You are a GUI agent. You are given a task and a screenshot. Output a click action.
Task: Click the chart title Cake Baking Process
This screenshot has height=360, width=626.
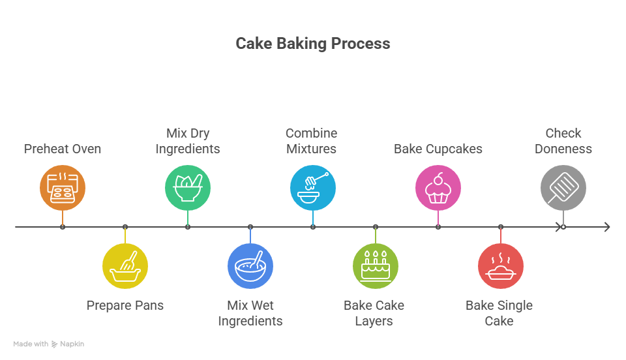[x=312, y=44]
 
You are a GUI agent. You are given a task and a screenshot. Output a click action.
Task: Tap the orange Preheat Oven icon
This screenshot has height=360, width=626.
[x=63, y=188]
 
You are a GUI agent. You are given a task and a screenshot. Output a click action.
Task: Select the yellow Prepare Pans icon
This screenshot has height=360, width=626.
[x=125, y=266]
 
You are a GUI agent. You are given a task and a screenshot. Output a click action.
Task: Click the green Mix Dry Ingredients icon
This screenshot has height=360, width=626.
[x=188, y=188]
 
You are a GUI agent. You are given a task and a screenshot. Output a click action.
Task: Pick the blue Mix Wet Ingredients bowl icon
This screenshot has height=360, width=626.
[x=250, y=266]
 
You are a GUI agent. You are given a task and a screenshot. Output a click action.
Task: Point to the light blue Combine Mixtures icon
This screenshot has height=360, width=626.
[x=313, y=188]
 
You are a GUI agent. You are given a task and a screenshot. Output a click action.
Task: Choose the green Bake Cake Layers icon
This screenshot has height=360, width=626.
[x=376, y=266]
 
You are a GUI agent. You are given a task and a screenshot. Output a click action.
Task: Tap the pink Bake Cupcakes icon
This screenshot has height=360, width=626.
[x=438, y=188]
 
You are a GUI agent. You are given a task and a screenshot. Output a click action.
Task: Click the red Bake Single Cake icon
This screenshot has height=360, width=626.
[x=501, y=266]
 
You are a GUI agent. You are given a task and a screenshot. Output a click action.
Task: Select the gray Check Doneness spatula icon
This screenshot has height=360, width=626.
[x=563, y=188]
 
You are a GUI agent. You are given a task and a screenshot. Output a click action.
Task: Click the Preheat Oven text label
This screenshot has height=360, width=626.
[x=63, y=149]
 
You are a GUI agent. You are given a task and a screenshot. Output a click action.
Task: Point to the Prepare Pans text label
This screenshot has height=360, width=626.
[x=125, y=305]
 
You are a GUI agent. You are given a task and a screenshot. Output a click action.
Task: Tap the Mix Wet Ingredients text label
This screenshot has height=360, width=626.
[x=250, y=313]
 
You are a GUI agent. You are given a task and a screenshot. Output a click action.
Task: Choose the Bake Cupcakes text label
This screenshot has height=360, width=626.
[x=438, y=149]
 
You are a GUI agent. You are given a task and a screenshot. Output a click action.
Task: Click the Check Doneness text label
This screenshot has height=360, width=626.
[x=563, y=141]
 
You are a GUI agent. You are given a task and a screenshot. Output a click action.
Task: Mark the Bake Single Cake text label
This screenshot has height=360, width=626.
[x=499, y=313]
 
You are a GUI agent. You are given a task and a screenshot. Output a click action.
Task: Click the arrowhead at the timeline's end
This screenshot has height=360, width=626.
[x=607, y=227]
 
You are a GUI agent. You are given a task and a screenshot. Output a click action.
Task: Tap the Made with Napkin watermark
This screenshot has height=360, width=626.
[x=49, y=344]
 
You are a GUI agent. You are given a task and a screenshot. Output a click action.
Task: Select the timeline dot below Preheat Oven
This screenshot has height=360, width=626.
[x=63, y=227]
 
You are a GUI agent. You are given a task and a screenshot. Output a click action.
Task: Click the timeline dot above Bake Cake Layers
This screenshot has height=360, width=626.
[x=376, y=227]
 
